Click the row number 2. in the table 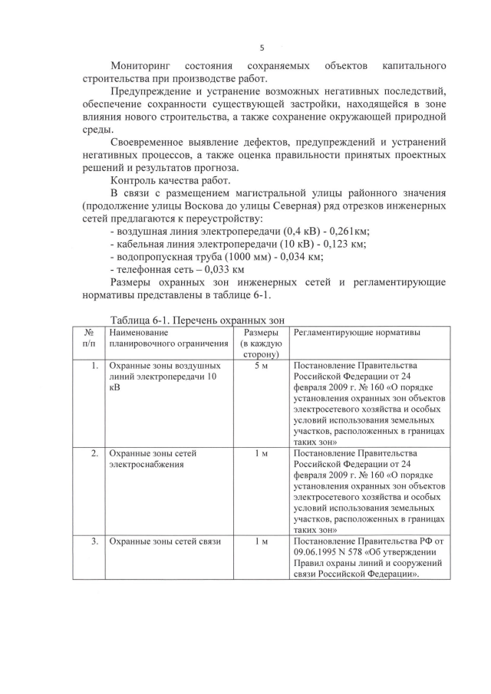point(94,453)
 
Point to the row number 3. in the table point(94,542)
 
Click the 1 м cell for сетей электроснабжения point(260,453)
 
